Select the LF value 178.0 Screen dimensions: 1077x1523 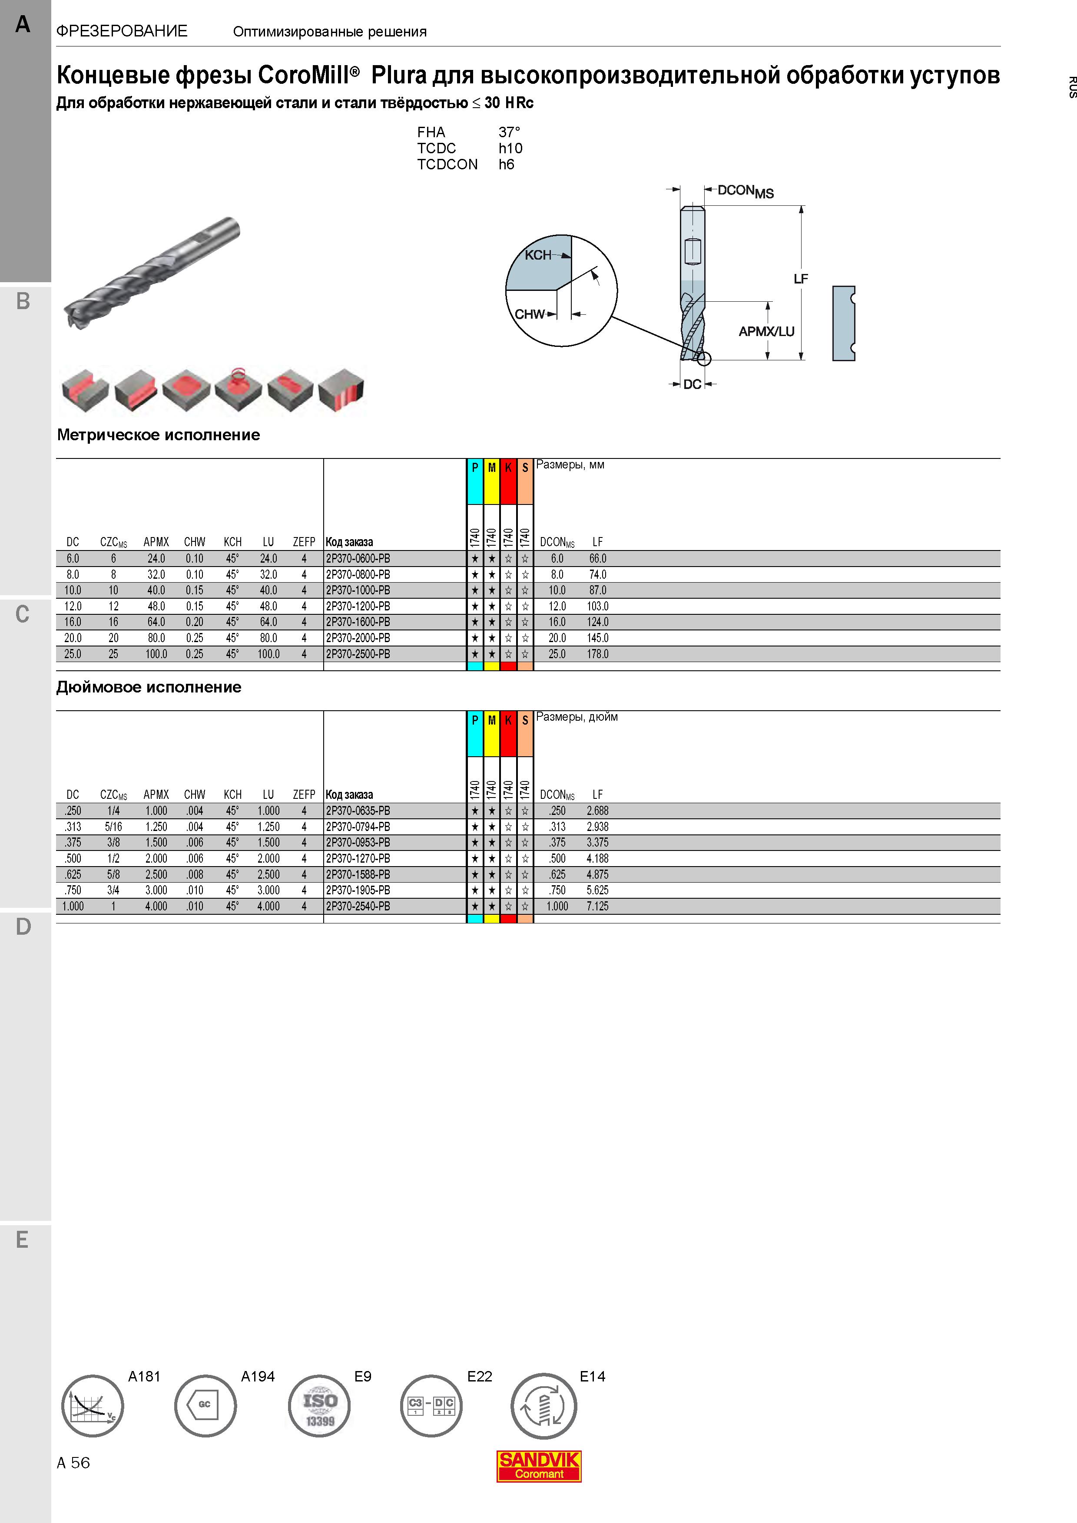click(597, 654)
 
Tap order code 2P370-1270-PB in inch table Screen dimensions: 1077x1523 click(358, 858)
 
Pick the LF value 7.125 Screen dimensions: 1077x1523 click(597, 906)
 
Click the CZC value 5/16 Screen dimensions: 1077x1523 click(113, 827)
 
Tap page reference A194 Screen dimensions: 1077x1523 click(258, 1376)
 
